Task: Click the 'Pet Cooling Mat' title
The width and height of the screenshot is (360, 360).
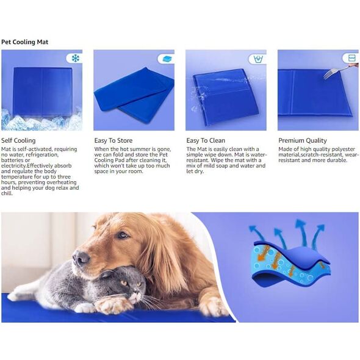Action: [x=24, y=42]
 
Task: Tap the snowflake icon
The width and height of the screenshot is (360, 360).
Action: [x=75, y=59]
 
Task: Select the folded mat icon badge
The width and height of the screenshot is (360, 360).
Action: [x=167, y=59]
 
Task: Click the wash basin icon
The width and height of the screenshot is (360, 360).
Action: [x=258, y=59]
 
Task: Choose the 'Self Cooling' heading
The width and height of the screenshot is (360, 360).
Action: [x=18, y=140]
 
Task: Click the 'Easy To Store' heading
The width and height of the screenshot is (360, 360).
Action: [x=113, y=140]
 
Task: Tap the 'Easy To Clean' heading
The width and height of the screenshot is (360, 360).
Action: [x=206, y=140]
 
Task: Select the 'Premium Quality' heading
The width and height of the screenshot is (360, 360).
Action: [x=303, y=140]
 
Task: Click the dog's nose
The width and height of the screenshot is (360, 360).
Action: [x=81, y=258]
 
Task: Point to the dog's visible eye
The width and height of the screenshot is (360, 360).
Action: [x=123, y=235]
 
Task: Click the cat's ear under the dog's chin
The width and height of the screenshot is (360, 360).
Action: [x=106, y=274]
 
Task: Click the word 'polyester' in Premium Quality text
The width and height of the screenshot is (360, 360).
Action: [x=344, y=149]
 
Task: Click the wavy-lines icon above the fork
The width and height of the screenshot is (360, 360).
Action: [x=351, y=58]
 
